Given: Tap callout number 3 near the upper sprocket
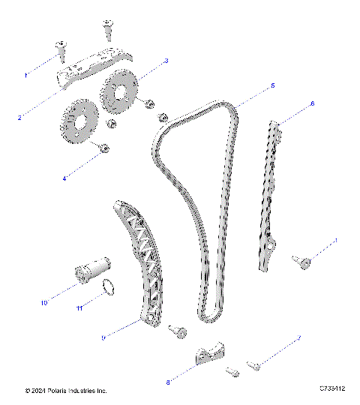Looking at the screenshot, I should (166, 60).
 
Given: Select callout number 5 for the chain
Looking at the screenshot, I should (272, 86).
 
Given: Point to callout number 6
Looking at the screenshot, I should (312, 103).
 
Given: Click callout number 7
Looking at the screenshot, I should (299, 339).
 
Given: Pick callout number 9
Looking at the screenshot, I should (103, 338).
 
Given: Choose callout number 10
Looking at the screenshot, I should (44, 303).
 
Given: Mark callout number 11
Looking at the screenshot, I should (78, 307).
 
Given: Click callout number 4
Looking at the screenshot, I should (85, 178).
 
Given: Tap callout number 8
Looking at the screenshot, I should (169, 382).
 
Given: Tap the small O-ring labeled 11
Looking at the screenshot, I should (109, 286).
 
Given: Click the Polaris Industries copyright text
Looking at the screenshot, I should (65, 391).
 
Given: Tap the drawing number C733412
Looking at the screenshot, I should (331, 388).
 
